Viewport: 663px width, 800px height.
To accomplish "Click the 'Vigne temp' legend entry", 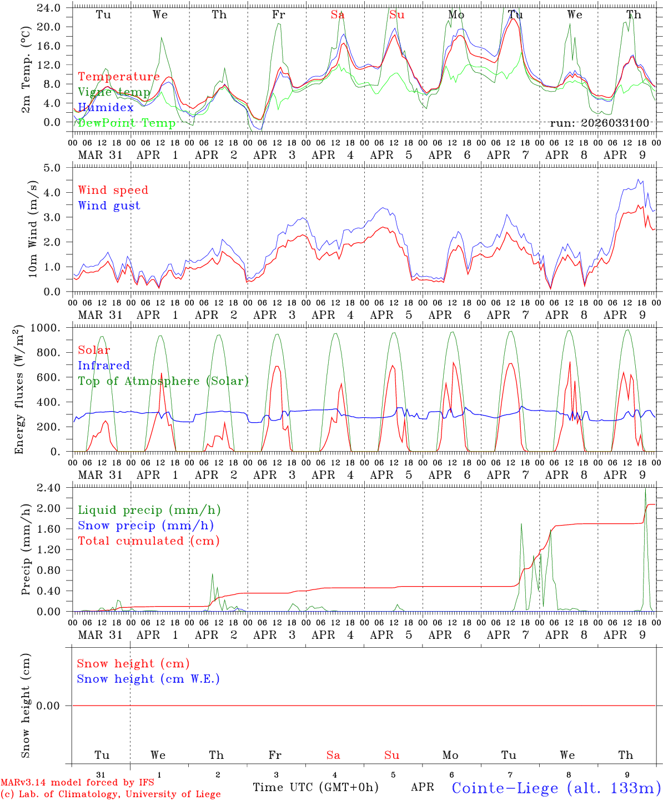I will coord(114,92).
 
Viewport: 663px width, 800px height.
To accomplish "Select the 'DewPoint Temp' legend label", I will coord(127,123).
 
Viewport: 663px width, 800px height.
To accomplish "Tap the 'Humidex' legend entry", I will coord(106,108).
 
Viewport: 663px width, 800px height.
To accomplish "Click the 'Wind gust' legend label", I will coord(109,206).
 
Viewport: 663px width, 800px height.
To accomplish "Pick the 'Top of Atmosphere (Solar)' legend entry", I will coord(163,381).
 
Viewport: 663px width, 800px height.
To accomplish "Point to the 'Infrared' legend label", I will coord(104,366).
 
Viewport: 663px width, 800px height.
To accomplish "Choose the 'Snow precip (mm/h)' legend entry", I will coord(145,526).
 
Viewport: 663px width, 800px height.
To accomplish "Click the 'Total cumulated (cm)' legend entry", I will coord(149,541).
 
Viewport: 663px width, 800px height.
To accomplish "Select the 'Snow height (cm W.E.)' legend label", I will coord(148,679).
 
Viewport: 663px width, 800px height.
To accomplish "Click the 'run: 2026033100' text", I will coord(599,123).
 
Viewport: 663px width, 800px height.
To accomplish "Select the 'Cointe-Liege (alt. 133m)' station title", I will coord(556,788).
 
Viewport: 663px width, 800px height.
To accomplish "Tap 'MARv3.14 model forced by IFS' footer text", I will coord(77,783).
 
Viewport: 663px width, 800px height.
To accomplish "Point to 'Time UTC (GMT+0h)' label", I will coord(315,787).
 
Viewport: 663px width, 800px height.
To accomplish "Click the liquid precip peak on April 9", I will coord(645,489).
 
